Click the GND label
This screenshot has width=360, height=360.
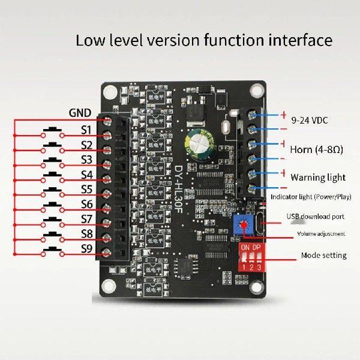coord(80,113)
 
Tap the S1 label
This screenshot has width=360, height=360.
coord(86,130)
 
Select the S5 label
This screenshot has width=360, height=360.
coord(86,189)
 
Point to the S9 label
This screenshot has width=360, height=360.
coord(86,248)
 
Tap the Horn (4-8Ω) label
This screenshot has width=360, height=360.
coord(316,149)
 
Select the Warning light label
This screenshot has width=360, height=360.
coord(318,177)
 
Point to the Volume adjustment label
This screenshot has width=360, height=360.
coord(321,233)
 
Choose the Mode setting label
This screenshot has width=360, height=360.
coord(323,255)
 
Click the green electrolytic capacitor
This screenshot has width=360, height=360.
coord(197,142)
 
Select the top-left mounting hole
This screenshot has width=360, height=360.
coord(110,92)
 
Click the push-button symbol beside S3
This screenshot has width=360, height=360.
coord(55,160)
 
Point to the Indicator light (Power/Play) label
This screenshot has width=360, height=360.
coord(311,197)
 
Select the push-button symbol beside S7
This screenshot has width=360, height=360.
coord(55,219)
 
